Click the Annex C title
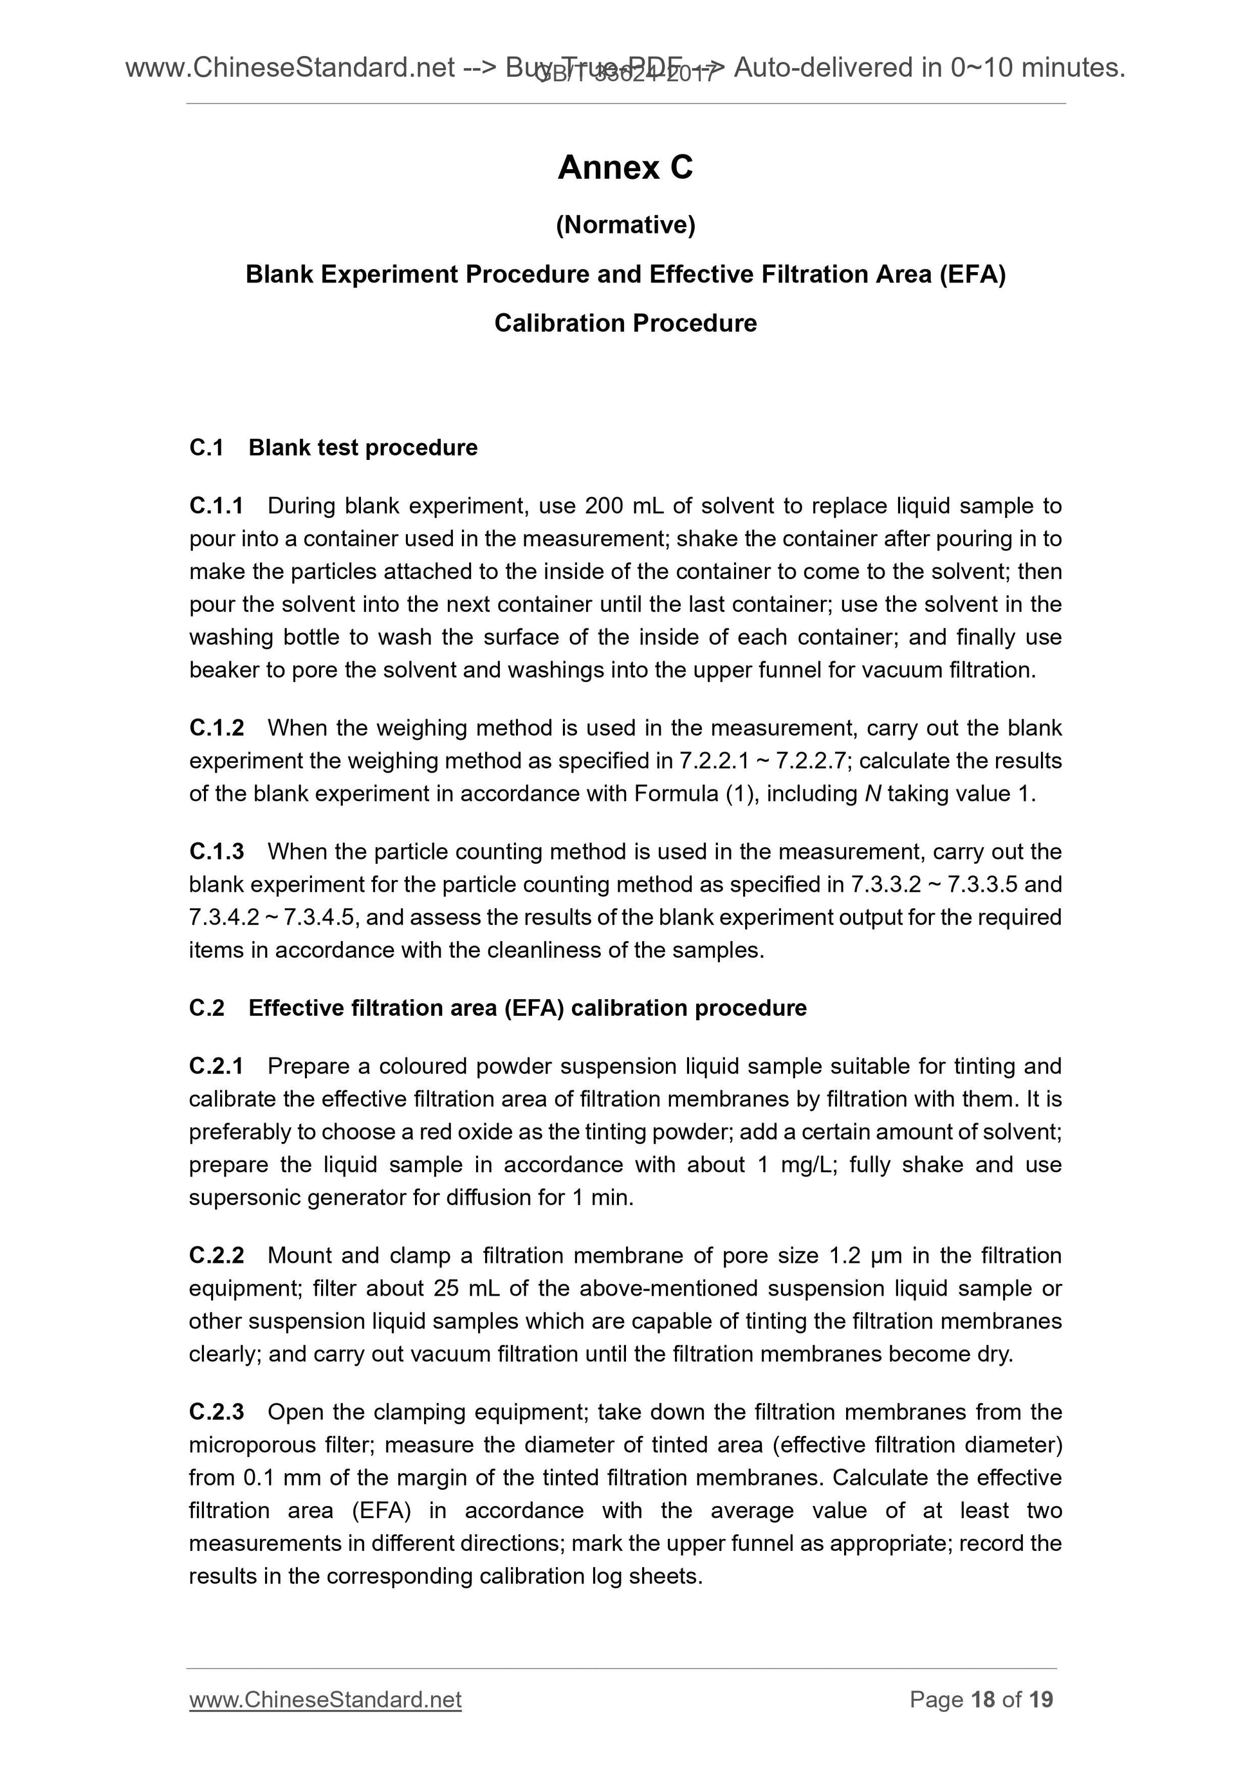point(625,167)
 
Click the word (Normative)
point(625,225)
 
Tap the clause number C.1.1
point(216,506)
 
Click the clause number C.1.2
point(216,728)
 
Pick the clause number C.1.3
point(216,852)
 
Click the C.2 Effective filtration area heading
point(497,1008)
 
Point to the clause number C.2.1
point(216,1066)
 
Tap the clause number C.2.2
point(216,1256)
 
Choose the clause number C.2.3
point(216,1412)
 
